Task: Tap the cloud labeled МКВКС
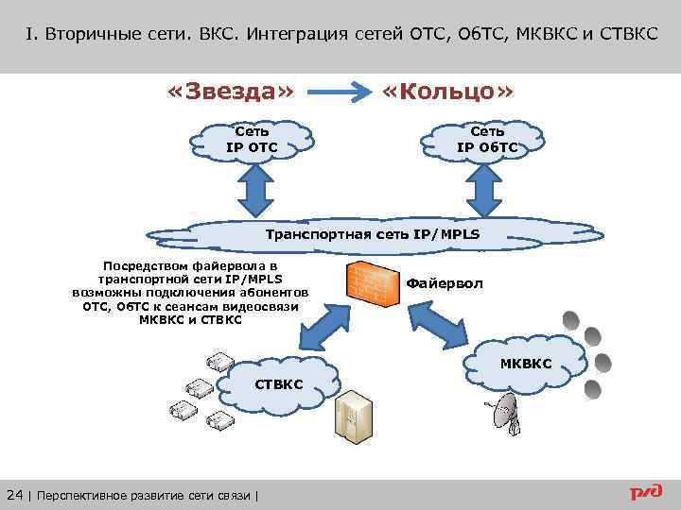[x=526, y=365]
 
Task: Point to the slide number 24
[x=15, y=494]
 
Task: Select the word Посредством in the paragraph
[x=146, y=267]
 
